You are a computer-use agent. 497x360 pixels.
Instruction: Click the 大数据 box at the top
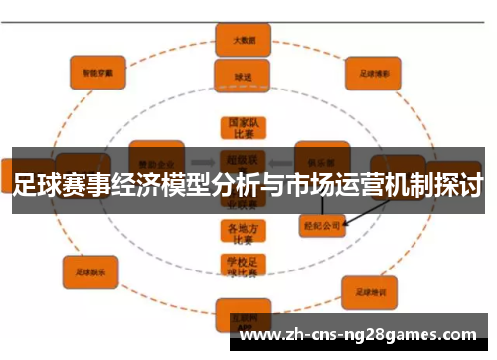tap(242, 42)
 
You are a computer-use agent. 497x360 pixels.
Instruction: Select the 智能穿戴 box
tap(97, 71)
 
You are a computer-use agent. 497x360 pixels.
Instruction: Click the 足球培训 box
tap(371, 291)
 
